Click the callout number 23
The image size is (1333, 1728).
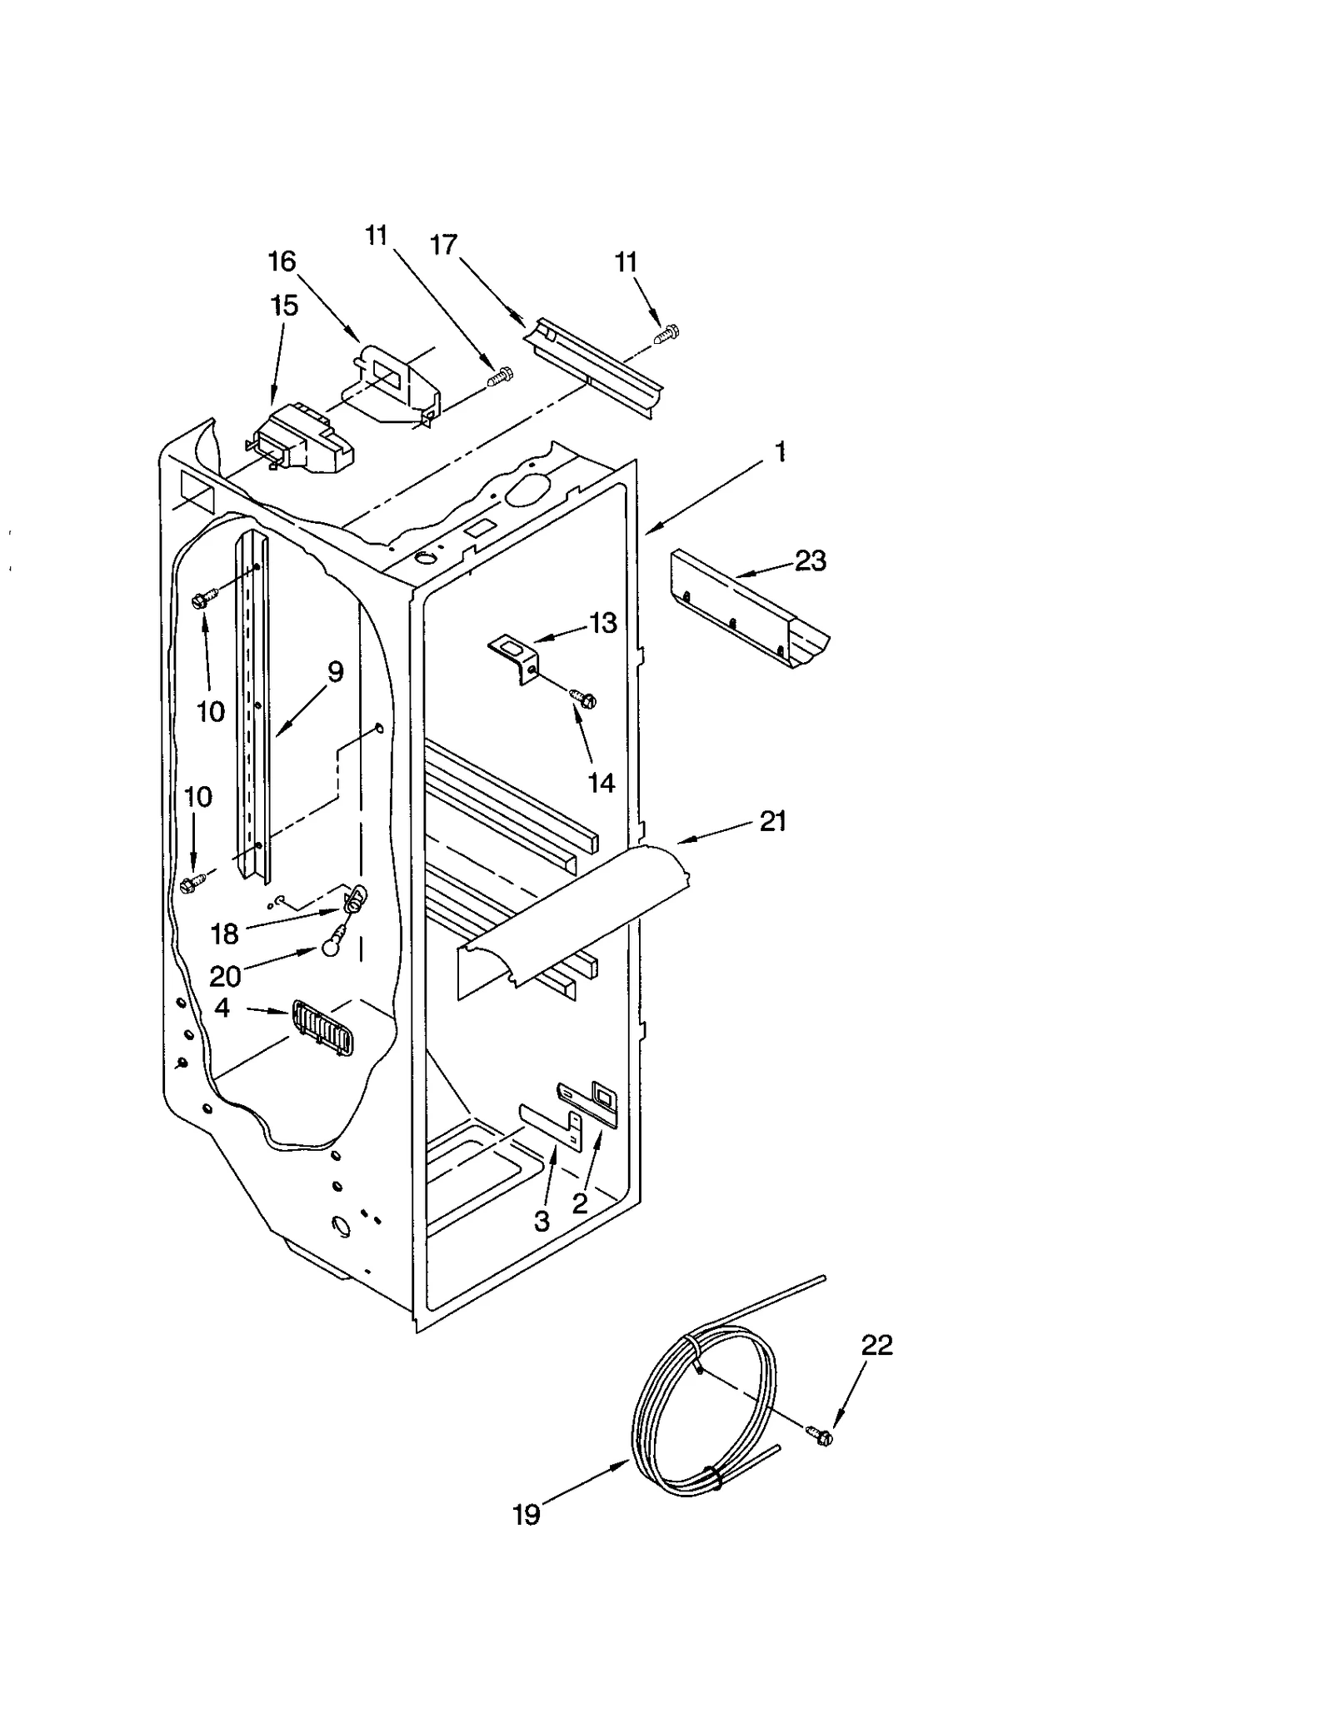coord(810,560)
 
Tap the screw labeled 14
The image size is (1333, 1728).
coord(583,700)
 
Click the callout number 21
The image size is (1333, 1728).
coord(773,821)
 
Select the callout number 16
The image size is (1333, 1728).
coord(282,261)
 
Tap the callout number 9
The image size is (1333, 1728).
coord(335,671)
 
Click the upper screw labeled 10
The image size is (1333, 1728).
coord(203,598)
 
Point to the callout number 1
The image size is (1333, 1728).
coord(780,452)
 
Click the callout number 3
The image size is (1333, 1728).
coord(542,1221)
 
